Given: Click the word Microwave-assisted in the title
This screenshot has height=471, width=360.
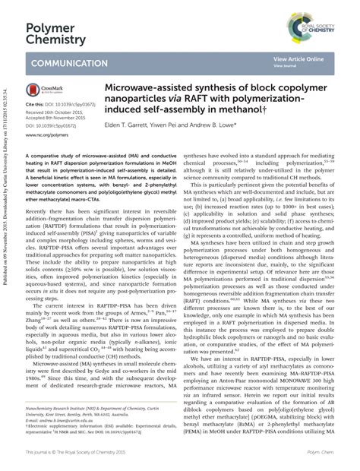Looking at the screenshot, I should (156, 89).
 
